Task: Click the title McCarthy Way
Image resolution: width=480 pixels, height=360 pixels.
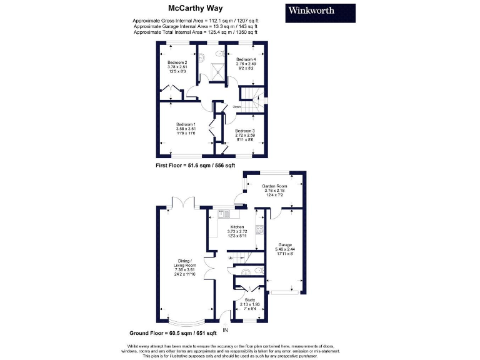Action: click(193, 8)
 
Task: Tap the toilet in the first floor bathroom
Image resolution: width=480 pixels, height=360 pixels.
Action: click(206, 56)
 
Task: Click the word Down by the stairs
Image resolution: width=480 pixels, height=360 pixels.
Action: click(237, 107)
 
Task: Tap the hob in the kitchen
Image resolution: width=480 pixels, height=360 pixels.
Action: click(259, 229)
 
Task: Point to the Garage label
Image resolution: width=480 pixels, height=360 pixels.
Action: click(286, 246)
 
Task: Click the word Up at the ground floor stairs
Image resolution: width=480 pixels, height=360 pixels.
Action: click(230, 257)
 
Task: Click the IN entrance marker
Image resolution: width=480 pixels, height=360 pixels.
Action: click(225, 331)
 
